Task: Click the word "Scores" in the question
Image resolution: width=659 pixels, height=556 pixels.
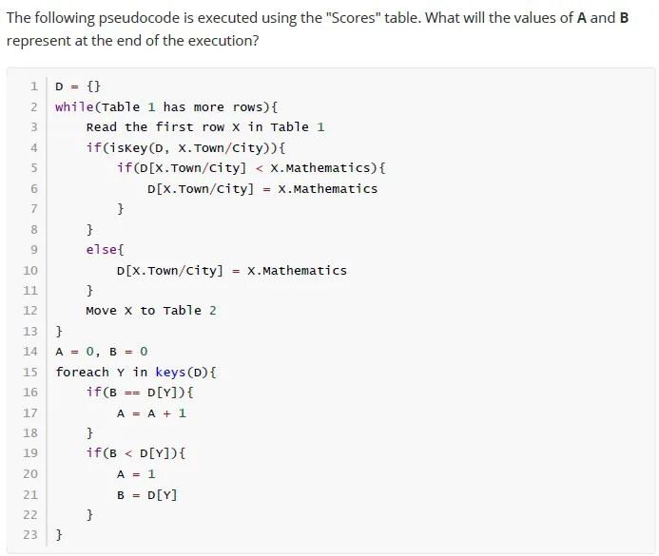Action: coord(352,18)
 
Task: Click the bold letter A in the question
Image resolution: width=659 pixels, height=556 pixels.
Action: coord(582,18)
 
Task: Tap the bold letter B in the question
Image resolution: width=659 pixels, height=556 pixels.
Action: coord(624,18)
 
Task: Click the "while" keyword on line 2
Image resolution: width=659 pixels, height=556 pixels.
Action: coord(74,106)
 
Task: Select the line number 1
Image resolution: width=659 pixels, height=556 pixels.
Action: coord(34,86)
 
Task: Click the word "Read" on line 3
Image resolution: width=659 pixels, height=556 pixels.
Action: coord(102,126)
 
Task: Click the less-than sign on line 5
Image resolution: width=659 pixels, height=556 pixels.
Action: coord(259,168)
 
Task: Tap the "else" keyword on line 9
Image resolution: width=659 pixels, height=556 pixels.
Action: coord(102,249)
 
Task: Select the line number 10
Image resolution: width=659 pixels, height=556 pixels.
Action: coord(30,270)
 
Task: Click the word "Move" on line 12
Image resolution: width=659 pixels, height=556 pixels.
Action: coord(102,311)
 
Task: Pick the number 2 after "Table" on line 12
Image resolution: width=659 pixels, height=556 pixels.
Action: coord(213,311)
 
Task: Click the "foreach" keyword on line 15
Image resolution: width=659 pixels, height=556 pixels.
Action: coord(83,372)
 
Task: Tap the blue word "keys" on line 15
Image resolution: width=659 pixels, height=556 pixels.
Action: coord(170,373)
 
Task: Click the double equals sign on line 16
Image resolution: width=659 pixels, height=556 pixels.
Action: coord(132,393)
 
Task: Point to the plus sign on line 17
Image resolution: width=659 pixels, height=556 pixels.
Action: coord(166,413)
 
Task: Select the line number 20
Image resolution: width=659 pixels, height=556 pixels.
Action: coord(30,473)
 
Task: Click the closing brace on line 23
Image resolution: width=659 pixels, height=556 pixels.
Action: coord(59,535)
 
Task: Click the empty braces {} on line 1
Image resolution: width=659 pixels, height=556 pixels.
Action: coord(94,86)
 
